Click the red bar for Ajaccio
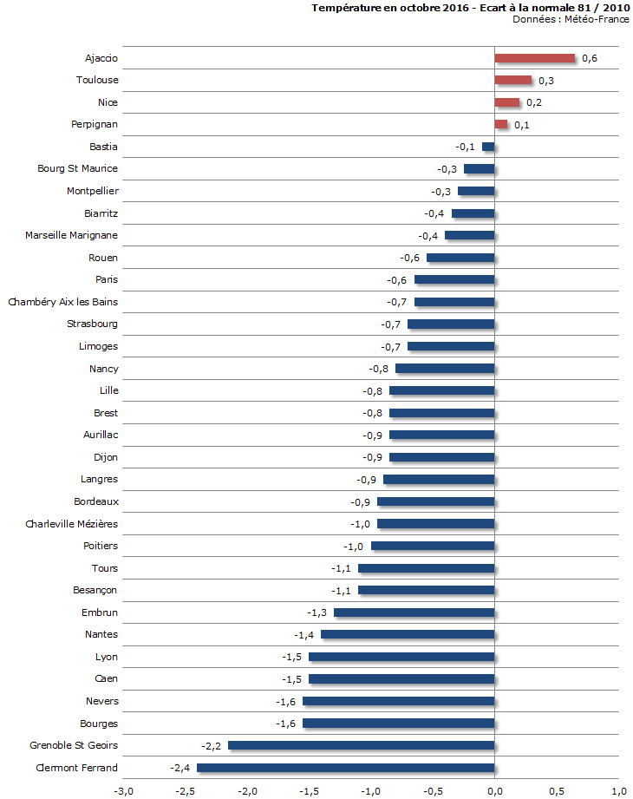click(534, 58)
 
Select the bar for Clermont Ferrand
click(345, 768)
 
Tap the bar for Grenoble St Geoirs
click(361, 745)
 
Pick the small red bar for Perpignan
click(501, 125)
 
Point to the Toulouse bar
click(512, 81)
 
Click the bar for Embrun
click(414, 612)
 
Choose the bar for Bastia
click(488, 147)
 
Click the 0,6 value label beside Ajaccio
click(590, 58)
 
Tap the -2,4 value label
click(179, 768)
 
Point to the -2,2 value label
click(211, 745)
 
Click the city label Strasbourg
click(92, 324)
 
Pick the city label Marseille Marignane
click(71, 235)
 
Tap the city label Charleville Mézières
click(71, 523)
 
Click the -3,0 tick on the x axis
click(124, 790)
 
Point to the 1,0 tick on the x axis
click(618, 790)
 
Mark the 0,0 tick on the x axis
click(494, 790)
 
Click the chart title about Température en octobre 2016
click(470, 8)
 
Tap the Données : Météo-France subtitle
click(571, 19)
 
